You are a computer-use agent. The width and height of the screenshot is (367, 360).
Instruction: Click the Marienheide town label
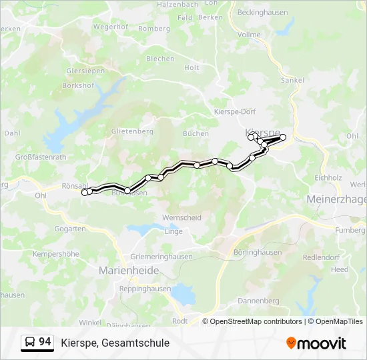click(x=128, y=271)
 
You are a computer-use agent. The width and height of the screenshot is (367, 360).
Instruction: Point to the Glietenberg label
click(x=132, y=131)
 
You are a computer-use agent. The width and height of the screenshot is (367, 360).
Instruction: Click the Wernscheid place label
click(x=181, y=218)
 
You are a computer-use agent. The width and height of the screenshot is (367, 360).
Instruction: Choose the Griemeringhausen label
click(x=161, y=257)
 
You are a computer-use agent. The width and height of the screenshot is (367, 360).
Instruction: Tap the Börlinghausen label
click(x=258, y=253)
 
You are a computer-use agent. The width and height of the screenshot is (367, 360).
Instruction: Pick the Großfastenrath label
click(x=41, y=157)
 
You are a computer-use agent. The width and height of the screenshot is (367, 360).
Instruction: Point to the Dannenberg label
click(x=258, y=301)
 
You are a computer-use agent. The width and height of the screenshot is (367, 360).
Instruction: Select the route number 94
click(x=45, y=342)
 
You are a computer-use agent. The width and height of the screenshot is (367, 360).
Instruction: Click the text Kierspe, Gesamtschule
click(x=115, y=343)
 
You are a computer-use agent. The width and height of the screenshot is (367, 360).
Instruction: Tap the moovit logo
click(x=316, y=343)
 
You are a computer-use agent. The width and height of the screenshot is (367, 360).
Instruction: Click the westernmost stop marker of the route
click(x=85, y=193)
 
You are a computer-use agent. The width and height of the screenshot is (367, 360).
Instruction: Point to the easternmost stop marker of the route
click(x=283, y=137)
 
